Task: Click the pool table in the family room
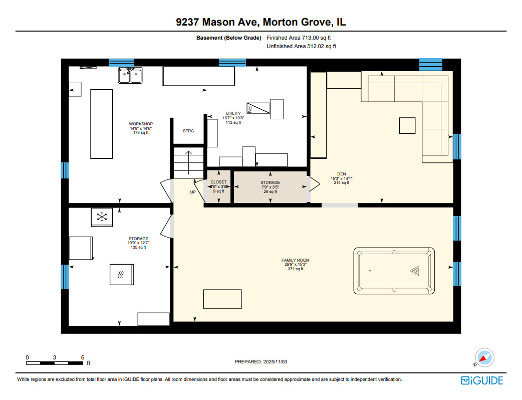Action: (x=394, y=271)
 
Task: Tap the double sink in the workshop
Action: (x=130, y=75)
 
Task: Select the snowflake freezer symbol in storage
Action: (x=102, y=217)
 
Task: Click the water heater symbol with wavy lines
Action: (x=122, y=274)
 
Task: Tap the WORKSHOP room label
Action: (x=141, y=124)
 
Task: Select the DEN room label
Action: (x=341, y=174)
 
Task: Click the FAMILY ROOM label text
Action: (x=295, y=260)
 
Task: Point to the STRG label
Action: (x=188, y=131)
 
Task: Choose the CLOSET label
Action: (x=218, y=182)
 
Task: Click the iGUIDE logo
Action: (x=482, y=380)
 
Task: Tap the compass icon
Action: (x=484, y=357)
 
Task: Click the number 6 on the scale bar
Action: (x=83, y=357)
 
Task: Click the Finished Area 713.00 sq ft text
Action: (x=299, y=38)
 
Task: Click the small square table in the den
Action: (x=407, y=125)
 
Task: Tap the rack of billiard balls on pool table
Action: (x=415, y=271)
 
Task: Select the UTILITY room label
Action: (x=233, y=113)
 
